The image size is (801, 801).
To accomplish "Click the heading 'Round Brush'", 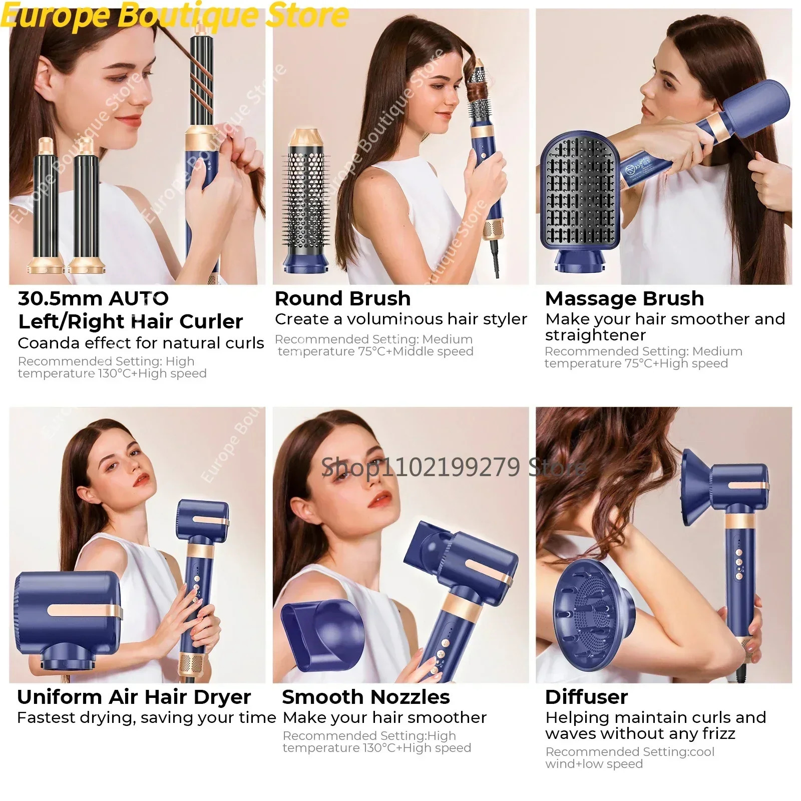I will [x=342, y=299].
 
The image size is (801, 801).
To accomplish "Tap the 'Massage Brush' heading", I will [x=624, y=299].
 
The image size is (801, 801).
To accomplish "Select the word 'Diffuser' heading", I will [x=586, y=697].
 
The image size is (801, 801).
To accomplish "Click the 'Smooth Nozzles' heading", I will [x=365, y=697].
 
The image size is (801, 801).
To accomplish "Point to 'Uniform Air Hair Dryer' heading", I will [x=134, y=697].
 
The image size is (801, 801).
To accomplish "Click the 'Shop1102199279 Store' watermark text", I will [x=453, y=467].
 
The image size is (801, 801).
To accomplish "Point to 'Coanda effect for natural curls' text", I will [x=141, y=343].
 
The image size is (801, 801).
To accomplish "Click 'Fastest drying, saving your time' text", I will [x=146, y=718].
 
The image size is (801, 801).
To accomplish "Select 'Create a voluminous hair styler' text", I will [x=400, y=319].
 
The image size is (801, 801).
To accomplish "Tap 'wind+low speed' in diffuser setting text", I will [x=594, y=764].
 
